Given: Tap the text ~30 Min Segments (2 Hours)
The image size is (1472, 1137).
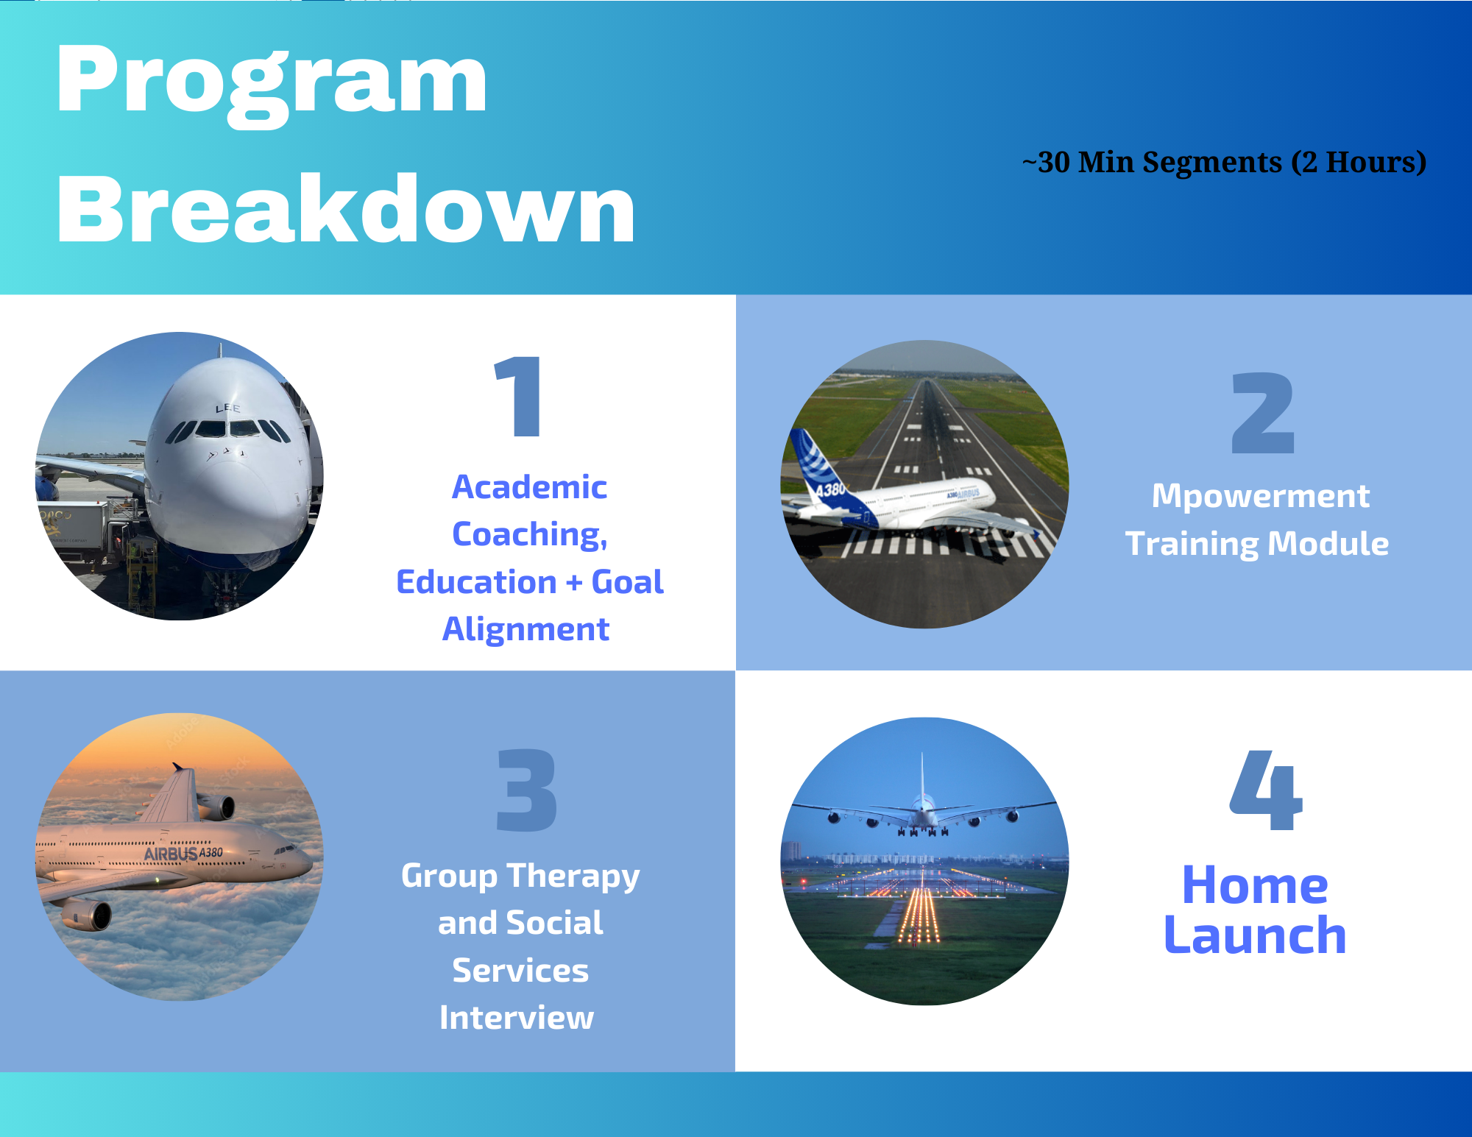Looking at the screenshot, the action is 1224,162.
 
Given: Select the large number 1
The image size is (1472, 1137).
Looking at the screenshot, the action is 518,396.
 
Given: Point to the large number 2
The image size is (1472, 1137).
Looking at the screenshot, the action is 1263,412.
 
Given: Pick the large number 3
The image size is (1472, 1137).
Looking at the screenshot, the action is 527,790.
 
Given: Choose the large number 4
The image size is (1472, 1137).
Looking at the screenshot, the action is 1266,790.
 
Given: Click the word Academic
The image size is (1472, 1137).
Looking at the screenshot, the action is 529,487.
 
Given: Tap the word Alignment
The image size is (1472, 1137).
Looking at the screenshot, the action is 526,630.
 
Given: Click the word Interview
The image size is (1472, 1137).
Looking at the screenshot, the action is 517,1018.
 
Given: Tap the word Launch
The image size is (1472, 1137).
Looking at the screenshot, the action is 1255,936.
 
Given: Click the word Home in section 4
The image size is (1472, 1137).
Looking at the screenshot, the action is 1255,885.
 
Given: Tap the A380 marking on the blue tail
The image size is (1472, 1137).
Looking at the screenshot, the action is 829,489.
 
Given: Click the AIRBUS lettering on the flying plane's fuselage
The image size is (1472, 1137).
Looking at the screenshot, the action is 171,854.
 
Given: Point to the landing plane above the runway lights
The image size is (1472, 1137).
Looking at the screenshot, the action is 924,810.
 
